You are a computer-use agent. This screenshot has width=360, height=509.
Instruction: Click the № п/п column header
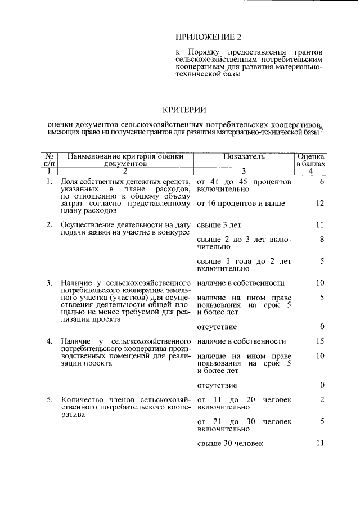tap(49, 160)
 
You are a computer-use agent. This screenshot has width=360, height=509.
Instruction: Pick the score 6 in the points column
tap(322, 183)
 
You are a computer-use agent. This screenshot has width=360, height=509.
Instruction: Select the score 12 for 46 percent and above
tap(320, 203)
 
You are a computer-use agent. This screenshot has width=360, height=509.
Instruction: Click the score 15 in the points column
tap(320, 341)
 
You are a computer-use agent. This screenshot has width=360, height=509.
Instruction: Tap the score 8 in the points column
tap(322, 239)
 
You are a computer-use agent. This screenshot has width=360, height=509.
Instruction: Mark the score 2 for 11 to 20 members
tap(322, 399)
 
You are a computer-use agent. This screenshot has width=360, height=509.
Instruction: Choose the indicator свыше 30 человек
tap(230, 443)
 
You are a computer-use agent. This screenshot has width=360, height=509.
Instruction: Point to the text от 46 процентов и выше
tap(241, 203)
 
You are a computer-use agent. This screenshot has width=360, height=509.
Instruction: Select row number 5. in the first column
tap(49, 399)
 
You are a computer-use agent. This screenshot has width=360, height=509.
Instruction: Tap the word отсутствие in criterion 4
tap(217, 385)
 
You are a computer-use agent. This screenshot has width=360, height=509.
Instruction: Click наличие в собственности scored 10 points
tap(241, 283)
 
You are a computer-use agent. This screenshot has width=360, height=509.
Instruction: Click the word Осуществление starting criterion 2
tap(88, 225)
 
